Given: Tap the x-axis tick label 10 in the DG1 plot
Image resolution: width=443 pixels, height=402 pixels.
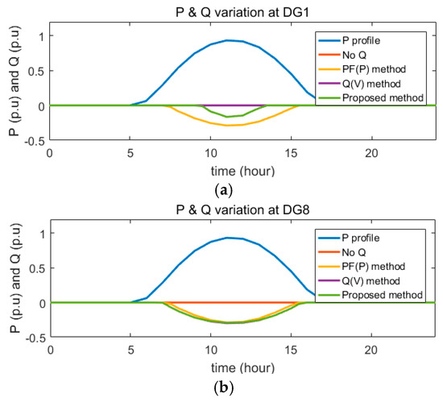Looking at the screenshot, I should [210, 153].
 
